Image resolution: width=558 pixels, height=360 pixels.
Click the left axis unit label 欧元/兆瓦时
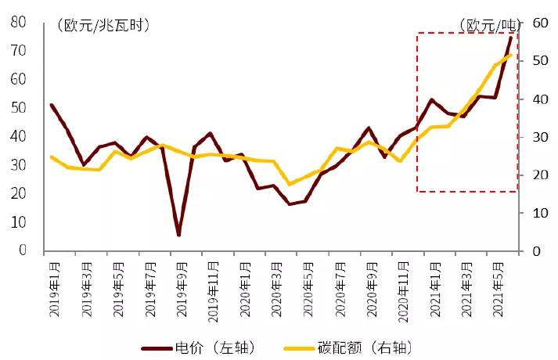[x=103, y=25]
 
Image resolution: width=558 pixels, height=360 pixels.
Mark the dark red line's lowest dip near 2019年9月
[x=178, y=234]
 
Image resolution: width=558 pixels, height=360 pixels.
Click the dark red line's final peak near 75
[x=512, y=37]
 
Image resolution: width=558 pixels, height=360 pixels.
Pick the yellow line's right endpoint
[x=512, y=54]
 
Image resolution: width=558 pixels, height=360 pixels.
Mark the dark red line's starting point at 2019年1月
[x=51, y=105]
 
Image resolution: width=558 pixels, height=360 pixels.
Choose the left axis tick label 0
[x=23, y=251]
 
